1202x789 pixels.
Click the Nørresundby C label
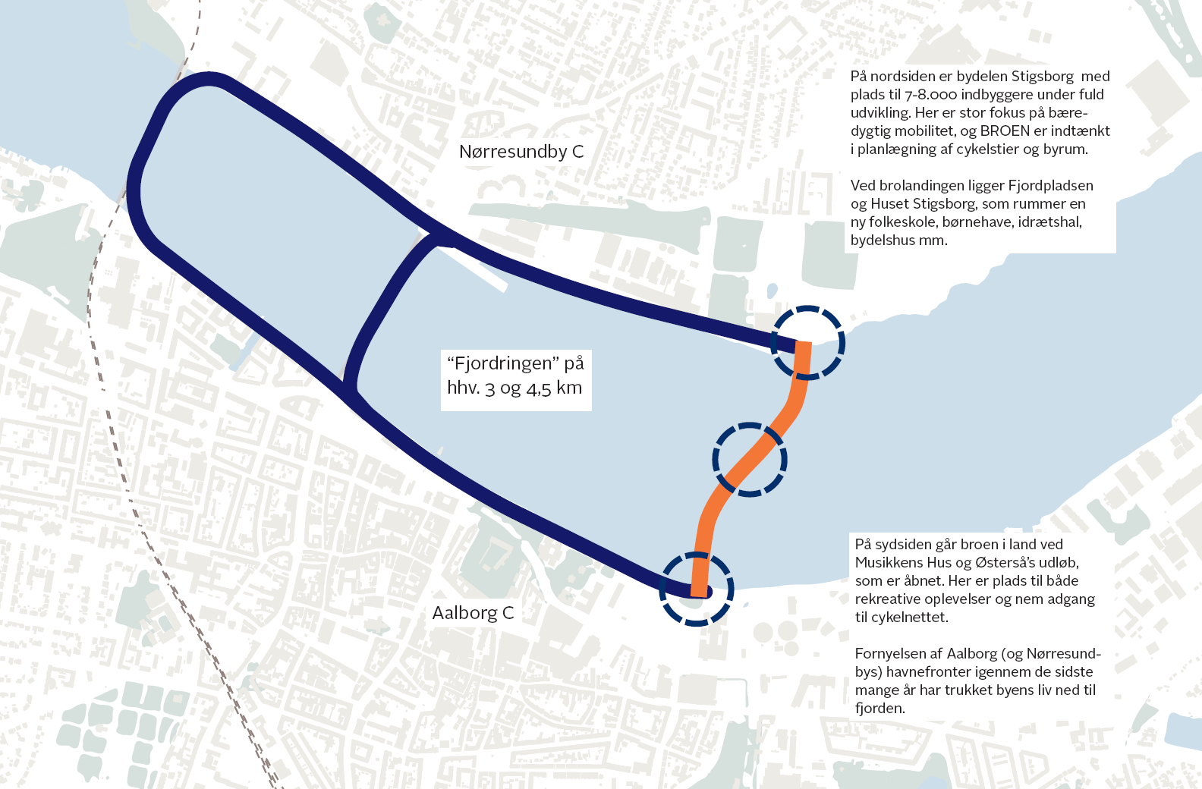coord(521,152)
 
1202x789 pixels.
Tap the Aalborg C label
coord(473,613)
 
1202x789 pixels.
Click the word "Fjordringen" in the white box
coord(504,363)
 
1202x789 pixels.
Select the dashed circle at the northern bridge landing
coord(807,343)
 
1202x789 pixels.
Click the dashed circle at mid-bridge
coord(750,459)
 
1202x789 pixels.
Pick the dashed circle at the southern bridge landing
coord(697,589)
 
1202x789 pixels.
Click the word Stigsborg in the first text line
coord(1043,77)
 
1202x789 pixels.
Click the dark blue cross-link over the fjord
coord(383,311)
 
